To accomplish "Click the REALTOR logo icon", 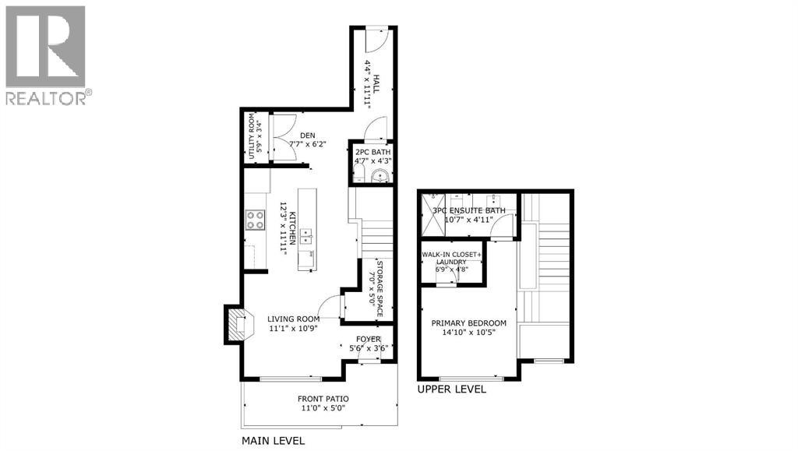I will click(x=45, y=47).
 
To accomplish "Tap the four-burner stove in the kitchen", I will click(x=256, y=220).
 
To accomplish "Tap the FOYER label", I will click(x=368, y=339).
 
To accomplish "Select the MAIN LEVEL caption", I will click(x=273, y=441).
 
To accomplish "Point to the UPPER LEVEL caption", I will click(x=452, y=389).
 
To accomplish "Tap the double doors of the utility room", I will click(x=281, y=137).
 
